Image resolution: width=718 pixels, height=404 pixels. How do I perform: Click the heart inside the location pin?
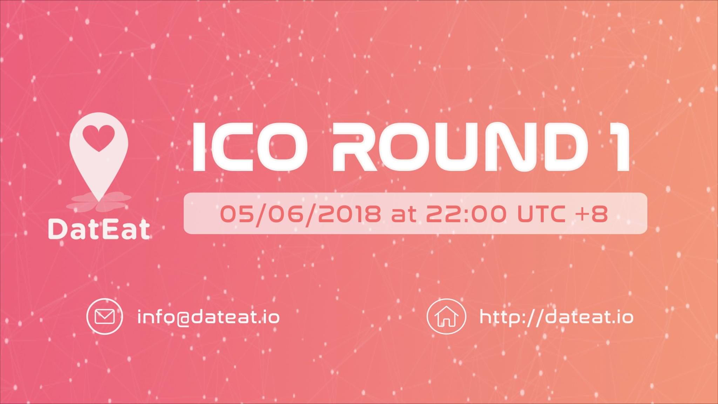click(x=99, y=138)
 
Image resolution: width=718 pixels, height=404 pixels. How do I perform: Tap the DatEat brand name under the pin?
click(x=99, y=229)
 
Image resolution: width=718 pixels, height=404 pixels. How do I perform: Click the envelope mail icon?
click(x=104, y=317)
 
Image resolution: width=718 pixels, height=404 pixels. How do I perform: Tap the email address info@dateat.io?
click(x=209, y=317)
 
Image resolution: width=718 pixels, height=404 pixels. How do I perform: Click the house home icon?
click(x=446, y=317)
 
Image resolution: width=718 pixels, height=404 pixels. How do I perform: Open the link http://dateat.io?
click(x=556, y=317)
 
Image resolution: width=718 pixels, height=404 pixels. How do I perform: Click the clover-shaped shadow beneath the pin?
click(x=99, y=202)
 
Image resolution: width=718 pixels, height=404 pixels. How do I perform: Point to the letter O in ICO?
click(x=283, y=147)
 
